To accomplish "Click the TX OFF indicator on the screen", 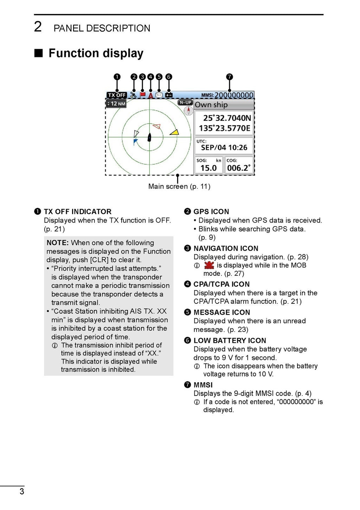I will (x=116, y=95).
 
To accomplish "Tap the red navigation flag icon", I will (x=142, y=95).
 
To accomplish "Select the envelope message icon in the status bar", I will (x=159, y=95).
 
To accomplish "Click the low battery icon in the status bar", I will (x=169, y=95).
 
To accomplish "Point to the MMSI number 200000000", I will (x=234, y=95).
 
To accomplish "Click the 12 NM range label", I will (x=116, y=104).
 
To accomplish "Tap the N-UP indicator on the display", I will (x=185, y=103).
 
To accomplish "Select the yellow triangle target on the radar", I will (x=174, y=132).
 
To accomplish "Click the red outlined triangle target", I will (x=156, y=126).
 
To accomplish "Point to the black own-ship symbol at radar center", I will (x=149, y=137).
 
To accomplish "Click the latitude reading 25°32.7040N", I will (x=227, y=118).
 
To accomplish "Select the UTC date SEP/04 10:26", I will (x=224, y=148).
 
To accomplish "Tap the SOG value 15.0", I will (x=208, y=168).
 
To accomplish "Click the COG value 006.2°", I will (x=239, y=168).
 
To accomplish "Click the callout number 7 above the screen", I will (x=229, y=77).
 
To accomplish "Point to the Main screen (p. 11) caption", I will (x=179, y=187).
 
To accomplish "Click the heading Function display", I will (x=96, y=53).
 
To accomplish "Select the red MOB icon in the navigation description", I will (x=209, y=265).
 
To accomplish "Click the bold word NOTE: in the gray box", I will (x=58, y=243).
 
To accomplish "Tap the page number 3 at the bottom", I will (x=22, y=491).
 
